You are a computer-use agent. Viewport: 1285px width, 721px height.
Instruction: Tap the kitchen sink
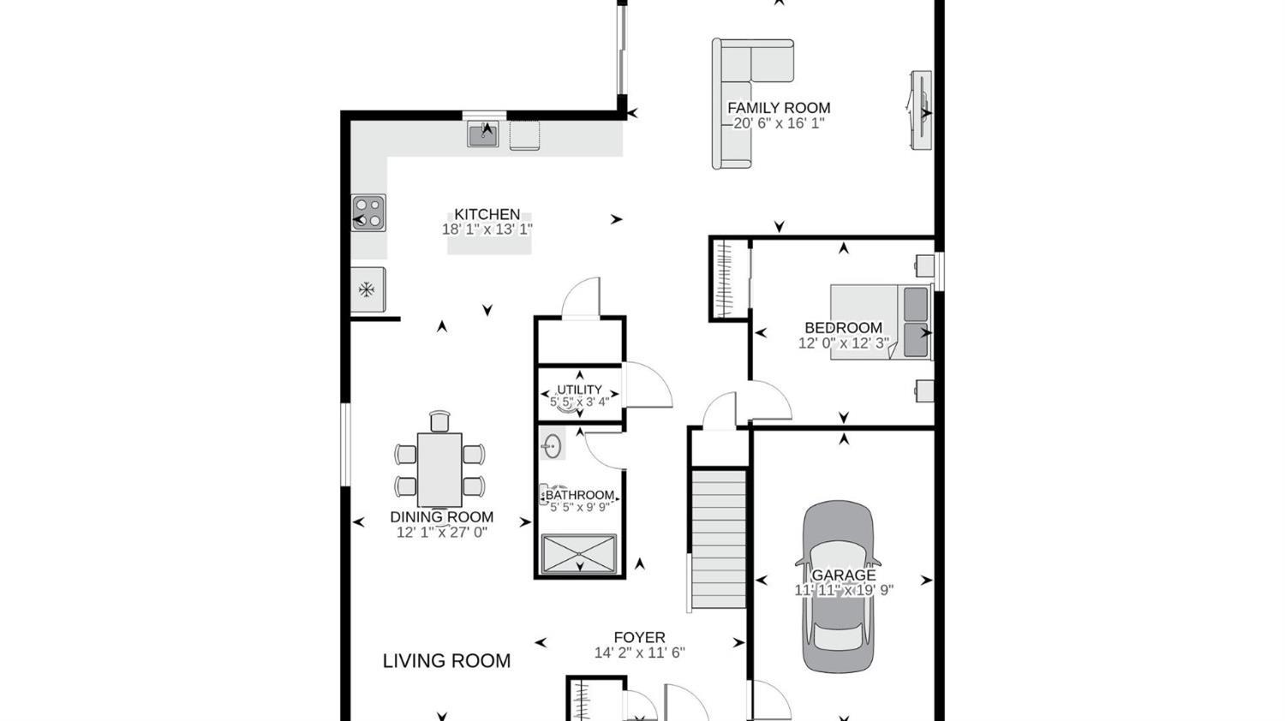[x=483, y=134]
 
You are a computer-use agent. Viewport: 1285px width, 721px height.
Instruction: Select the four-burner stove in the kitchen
[x=368, y=212]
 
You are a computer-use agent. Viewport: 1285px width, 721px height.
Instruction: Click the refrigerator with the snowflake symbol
[x=368, y=289]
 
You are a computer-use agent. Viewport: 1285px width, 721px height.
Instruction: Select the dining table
[x=439, y=469]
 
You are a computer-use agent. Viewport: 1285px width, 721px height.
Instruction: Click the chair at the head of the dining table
[x=439, y=420]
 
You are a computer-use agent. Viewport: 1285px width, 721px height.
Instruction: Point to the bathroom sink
[x=552, y=445]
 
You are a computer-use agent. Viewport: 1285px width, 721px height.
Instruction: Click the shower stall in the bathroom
[x=579, y=553]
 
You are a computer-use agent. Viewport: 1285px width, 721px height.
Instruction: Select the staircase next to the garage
[x=719, y=539]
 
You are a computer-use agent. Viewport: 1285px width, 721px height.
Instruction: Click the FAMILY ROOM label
[x=779, y=108]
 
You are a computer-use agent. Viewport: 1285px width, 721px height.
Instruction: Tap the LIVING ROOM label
[x=446, y=661]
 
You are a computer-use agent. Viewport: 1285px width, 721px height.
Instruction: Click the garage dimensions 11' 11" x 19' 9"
[x=844, y=590]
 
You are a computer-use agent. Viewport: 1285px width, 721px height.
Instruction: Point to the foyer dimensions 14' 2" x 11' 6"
[x=639, y=652]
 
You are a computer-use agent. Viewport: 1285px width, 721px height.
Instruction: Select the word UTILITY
[x=579, y=390]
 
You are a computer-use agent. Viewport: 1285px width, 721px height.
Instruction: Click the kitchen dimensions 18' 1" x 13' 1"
[x=487, y=229]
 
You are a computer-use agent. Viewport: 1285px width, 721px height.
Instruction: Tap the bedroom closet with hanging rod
[x=728, y=279]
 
